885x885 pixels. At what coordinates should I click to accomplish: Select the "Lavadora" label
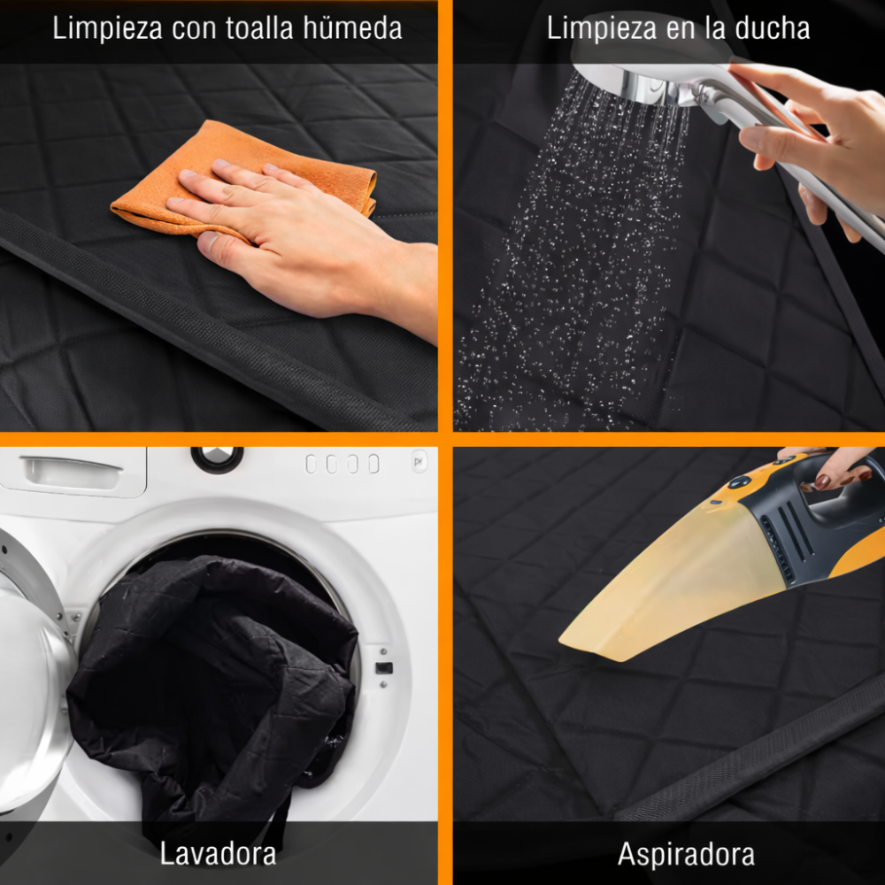(218, 853)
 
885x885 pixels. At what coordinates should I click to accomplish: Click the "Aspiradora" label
(686, 853)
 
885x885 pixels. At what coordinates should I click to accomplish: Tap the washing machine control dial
(217, 458)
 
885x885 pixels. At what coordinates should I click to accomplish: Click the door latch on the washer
(384, 668)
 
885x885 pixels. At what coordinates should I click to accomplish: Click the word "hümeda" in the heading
(352, 28)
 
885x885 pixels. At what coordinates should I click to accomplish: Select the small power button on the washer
(419, 462)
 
